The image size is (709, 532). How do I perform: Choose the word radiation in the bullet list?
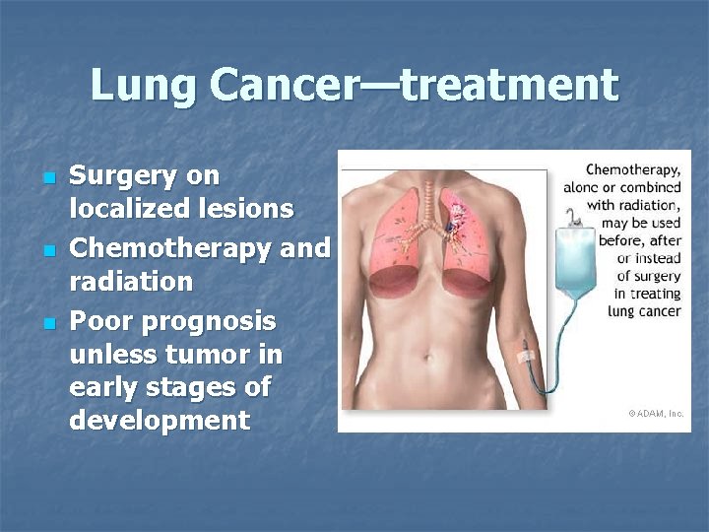pos(131,282)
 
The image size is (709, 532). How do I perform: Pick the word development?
pos(160,421)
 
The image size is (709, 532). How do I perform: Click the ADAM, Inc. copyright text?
pos(656,414)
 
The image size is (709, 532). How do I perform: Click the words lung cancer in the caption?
pos(644,310)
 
